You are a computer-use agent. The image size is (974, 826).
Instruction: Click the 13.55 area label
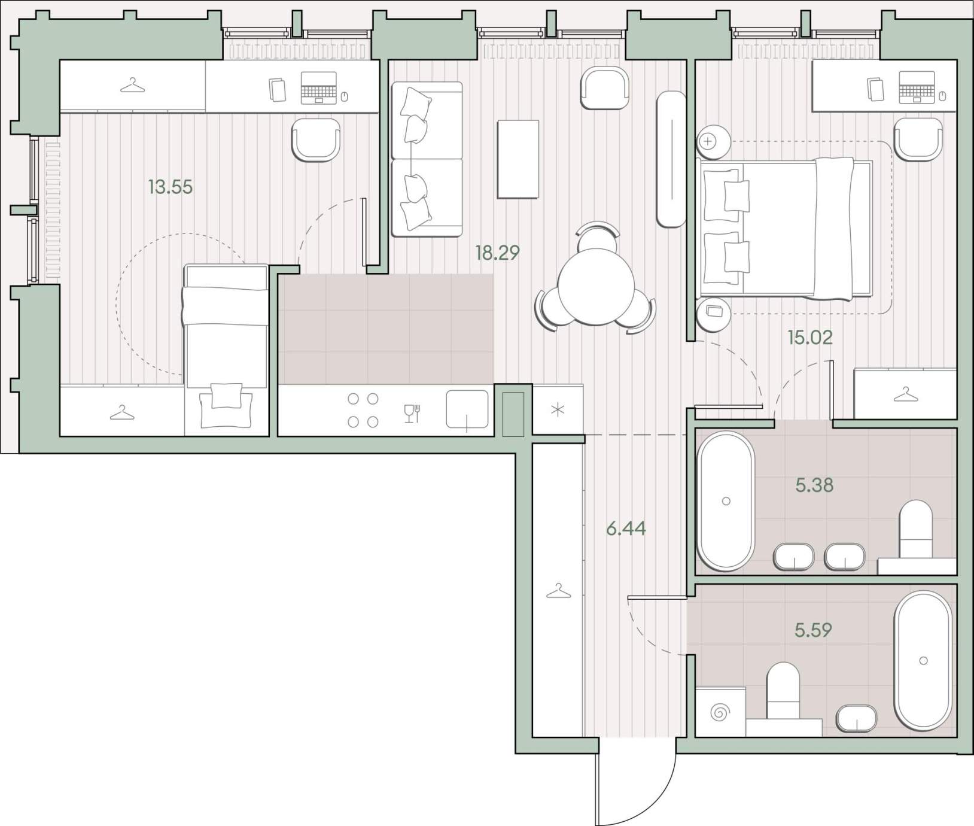click(x=171, y=187)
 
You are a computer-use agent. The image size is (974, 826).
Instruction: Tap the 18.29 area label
click(x=497, y=253)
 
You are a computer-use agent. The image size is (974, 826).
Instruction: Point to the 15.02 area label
click(x=810, y=338)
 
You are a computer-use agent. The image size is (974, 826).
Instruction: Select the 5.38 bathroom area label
click(x=814, y=485)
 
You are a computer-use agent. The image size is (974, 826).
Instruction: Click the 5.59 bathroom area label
click(x=813, y=630)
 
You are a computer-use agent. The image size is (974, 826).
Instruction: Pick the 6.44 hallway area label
click(x=626, y=529)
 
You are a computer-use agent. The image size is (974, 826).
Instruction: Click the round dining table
click(x=596, y=286)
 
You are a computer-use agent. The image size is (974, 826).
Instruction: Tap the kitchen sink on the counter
click(x=467, y=410)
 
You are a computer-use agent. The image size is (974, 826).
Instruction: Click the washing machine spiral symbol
click(x=720, y=713)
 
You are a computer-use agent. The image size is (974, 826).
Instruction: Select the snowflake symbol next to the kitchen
click(x=557, y=411)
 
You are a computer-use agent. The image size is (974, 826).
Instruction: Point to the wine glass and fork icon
click(x=412, y=414)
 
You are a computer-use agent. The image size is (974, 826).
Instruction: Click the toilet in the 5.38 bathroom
click(x=916, y=529)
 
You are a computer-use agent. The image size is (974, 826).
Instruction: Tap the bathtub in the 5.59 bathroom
click(x=923, y=661)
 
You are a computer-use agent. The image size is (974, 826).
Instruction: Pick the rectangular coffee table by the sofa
click(x=518, y=159)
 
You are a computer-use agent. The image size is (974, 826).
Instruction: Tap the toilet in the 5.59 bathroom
click(x=783, y=690)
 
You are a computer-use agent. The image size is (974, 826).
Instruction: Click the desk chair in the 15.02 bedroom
click(x=918, y=139)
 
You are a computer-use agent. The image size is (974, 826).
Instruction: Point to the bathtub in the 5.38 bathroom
click(x=726, y=501)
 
